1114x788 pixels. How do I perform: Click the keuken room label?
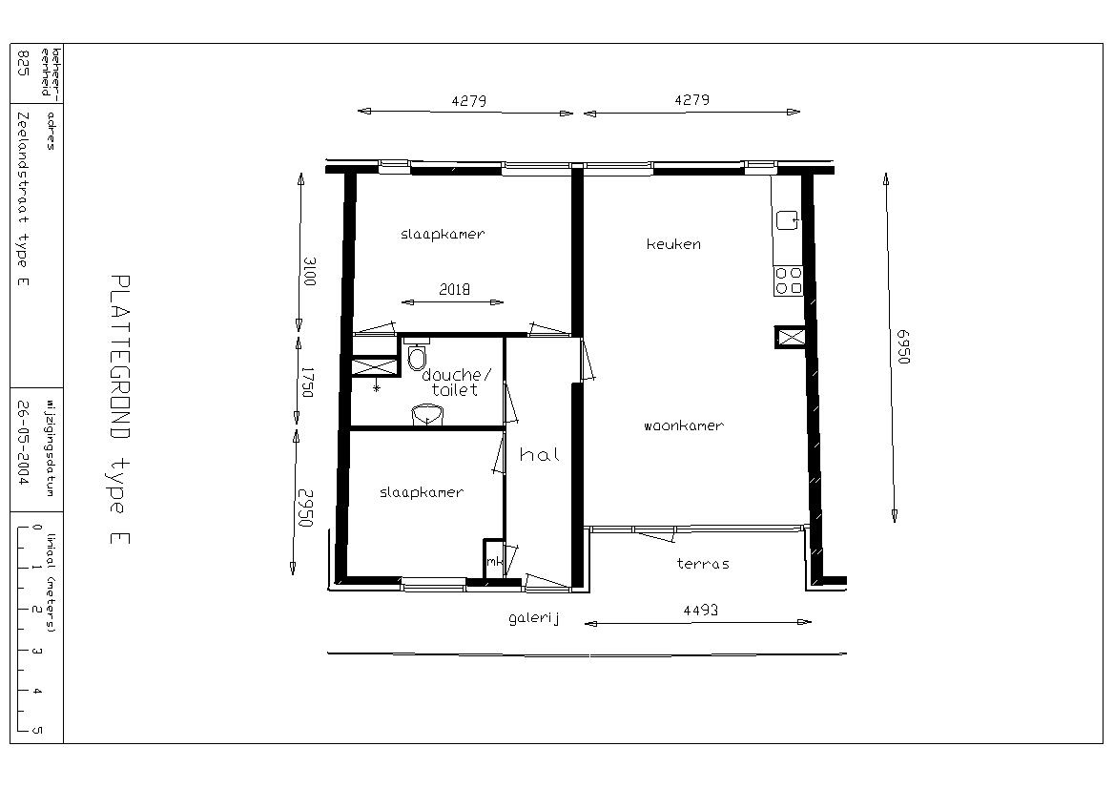(673, 244)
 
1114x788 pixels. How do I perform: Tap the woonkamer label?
(684, 426)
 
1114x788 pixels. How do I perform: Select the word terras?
(703, 564)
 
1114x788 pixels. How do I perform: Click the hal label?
(540, 454)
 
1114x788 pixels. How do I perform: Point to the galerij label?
(534, 619)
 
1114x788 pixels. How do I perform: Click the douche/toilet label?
(455, 383)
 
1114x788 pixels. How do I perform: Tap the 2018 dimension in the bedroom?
(454, 289)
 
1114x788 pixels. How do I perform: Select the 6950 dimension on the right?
(902, 346)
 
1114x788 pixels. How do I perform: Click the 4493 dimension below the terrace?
(700, 611)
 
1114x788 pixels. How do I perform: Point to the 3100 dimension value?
(309, 272)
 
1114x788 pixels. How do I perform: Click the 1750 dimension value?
(307, 383)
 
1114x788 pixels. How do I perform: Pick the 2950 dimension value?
(305, 508)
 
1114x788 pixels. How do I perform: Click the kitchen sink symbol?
(787, 220)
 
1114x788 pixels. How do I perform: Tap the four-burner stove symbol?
(788, 280)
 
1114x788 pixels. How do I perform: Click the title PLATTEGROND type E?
(120, 410)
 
